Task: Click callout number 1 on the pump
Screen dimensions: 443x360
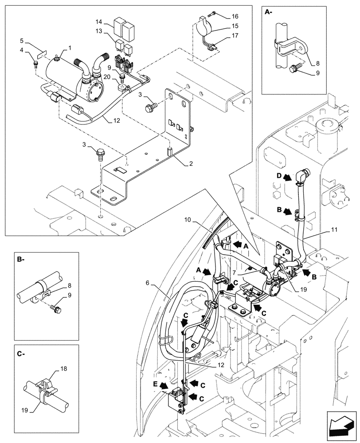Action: (x=70, y=47)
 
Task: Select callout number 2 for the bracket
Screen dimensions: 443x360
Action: (x=191, y=163)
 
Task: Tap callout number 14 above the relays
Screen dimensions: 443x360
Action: (x=99, y=22)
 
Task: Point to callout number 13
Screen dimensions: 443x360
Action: (x=99, y=31)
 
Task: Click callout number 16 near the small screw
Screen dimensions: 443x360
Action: (x=235, y=16)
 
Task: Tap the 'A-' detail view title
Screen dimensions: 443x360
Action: (x=269, y=13)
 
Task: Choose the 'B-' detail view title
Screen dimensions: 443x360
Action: (x=21, y=260)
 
